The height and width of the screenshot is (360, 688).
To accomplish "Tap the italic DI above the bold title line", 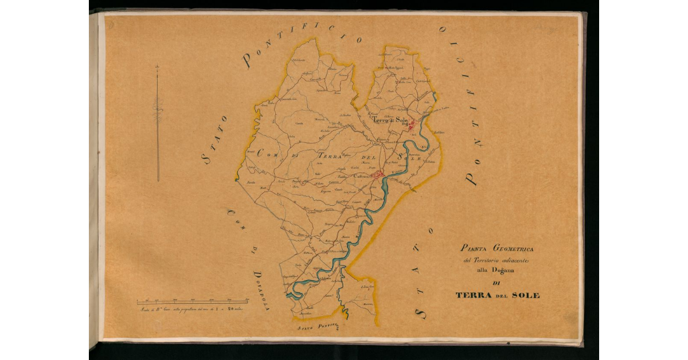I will pyautogui.click(x=496, y=284).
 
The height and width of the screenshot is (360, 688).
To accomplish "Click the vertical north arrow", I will pyautogui.click(x=158, y=123).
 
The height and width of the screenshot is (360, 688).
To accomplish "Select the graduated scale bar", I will pyautogui.click(x=192, y=301).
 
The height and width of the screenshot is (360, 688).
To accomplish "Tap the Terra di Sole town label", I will pyautogui.click(x=390, y=121).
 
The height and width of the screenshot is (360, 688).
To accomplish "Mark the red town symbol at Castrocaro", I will pyautogui.click(x=377, y=174).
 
